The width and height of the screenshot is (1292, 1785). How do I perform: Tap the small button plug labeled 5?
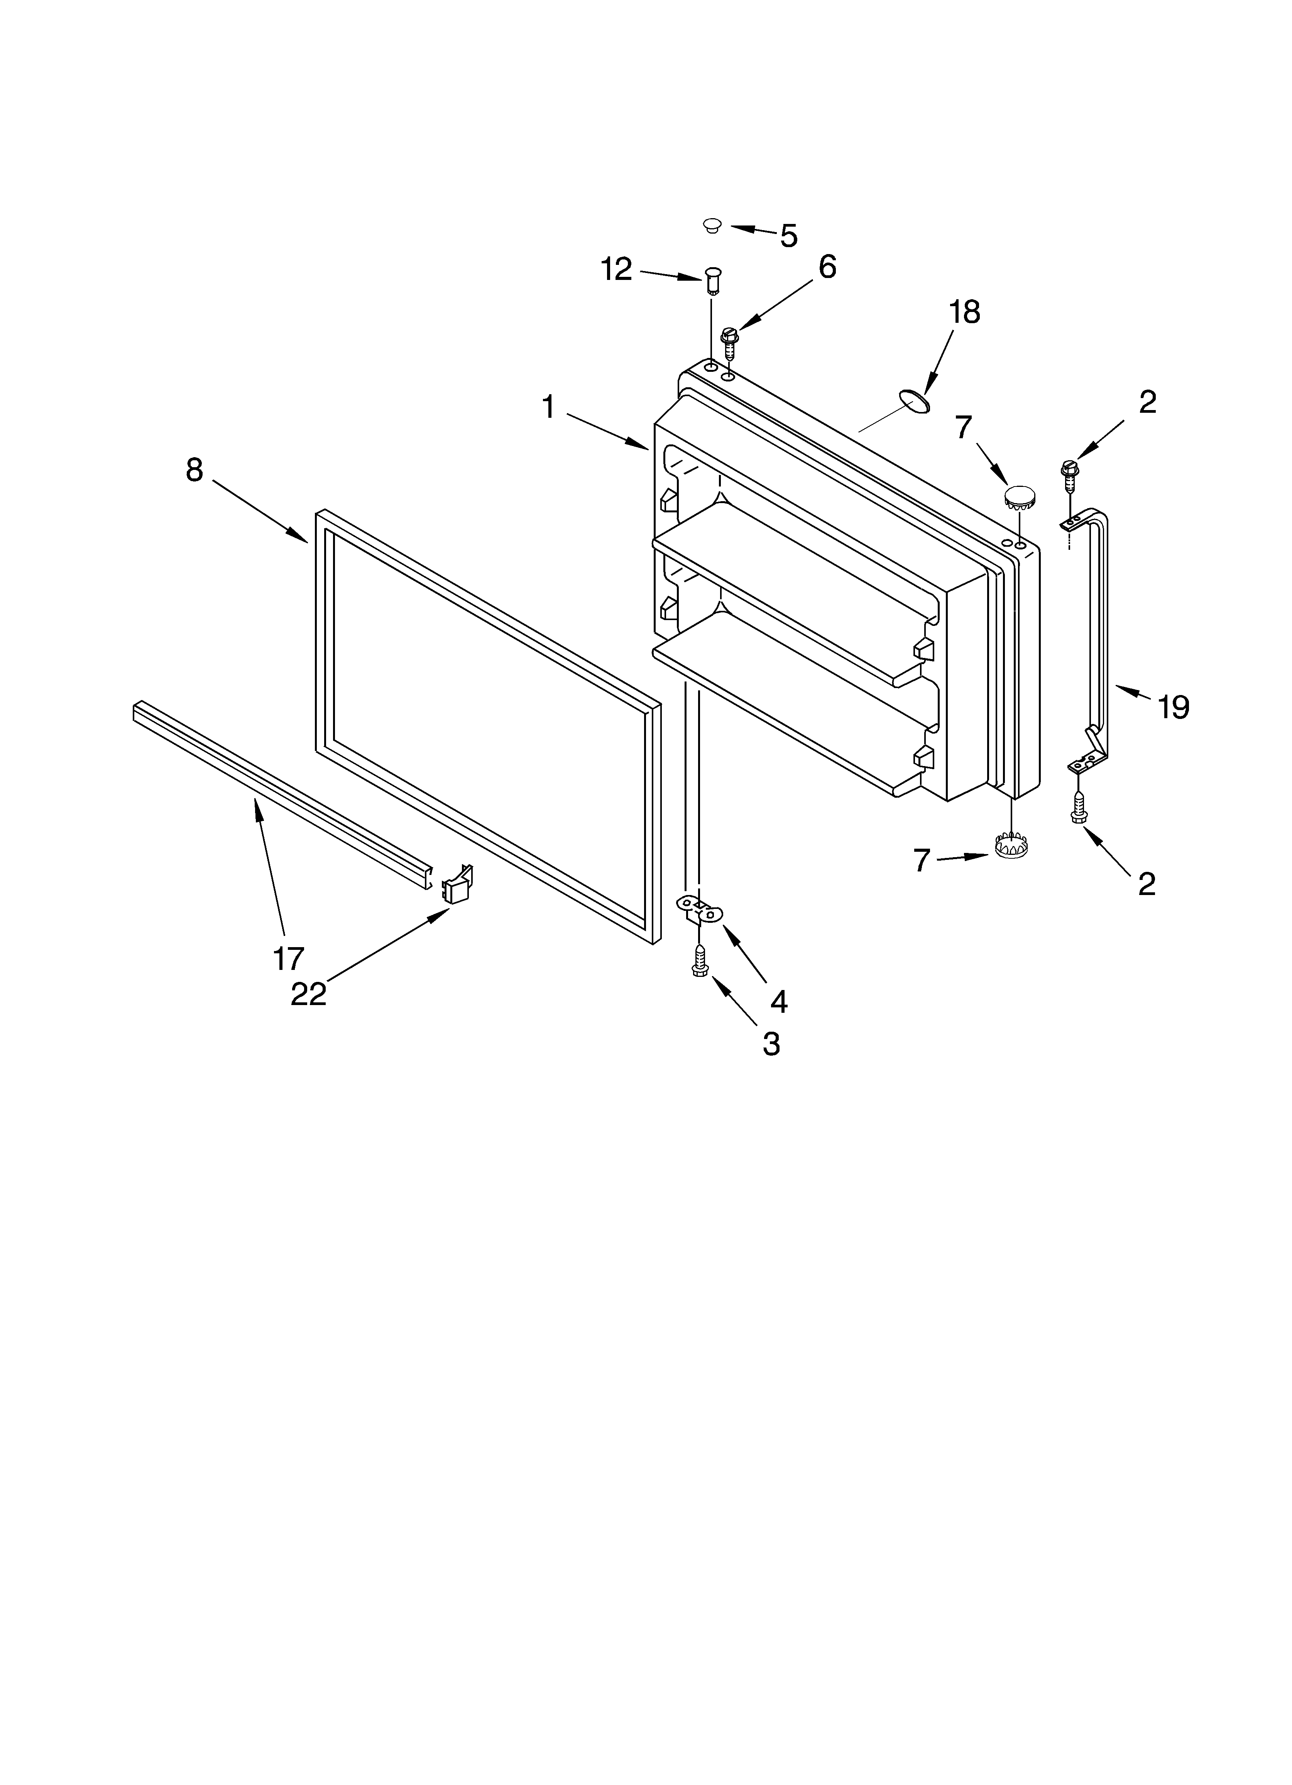pyautogui.click(x=712, y=226)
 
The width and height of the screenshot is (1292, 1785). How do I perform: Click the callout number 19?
pyautogui.click(x=1172, y=707)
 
